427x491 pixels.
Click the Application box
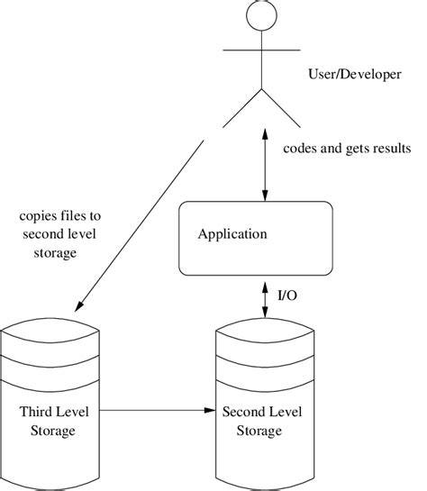(256, 238)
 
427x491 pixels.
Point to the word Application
(232, 234)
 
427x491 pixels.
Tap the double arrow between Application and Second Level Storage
(265, 296)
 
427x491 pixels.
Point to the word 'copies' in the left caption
(39, 216)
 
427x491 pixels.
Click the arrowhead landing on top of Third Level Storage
(77, 303)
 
